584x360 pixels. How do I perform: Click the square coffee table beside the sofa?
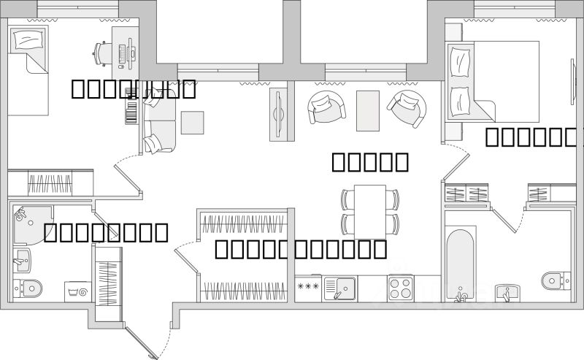(193, 122)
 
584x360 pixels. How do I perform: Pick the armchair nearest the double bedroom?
(406, 108)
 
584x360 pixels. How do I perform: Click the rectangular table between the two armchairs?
(368, 110)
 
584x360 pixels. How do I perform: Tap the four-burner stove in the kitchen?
(401, 287)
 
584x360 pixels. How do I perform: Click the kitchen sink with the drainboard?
(340, 288)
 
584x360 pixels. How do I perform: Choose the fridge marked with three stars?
(308, 287)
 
